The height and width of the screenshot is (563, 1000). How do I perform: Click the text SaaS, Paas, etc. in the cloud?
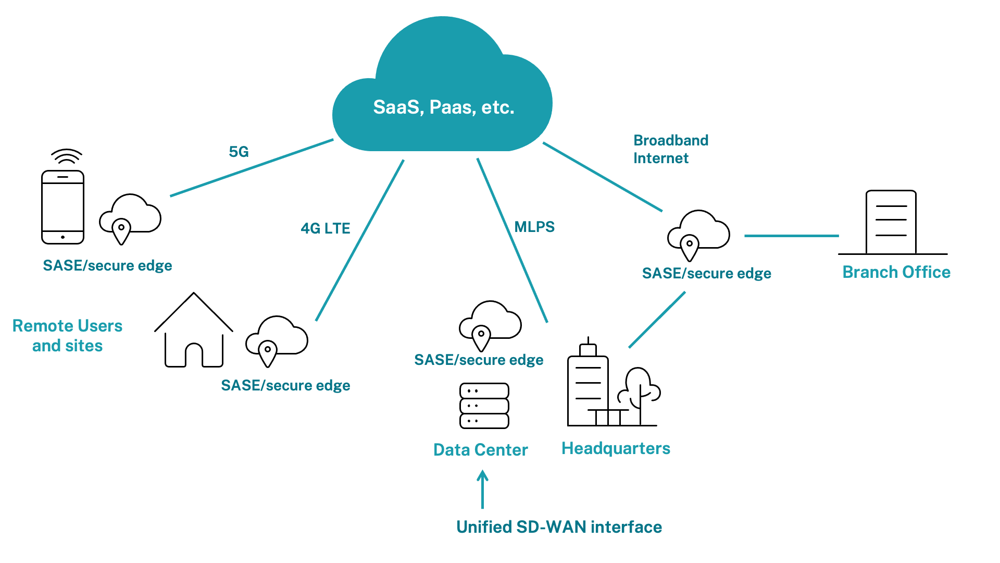pyautogui.click(x=444, y=107)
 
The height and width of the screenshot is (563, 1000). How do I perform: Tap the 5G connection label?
pyautogui.click(x=239, y=152)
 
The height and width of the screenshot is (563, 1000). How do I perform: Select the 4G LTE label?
pyautogui.click(x=326, y=228)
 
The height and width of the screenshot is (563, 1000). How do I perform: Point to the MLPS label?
pyautogui.click(x=534, y=227)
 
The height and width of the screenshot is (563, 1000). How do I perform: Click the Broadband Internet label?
pyautogui.click(x=671, y=149)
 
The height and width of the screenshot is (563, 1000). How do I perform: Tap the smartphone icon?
pyautogui.click(x=63, y=207)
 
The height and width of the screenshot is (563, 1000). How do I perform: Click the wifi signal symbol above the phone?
pyautogui.click(x=67, y=156)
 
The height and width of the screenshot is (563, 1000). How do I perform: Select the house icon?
pyautogui.click(x=194, y=329)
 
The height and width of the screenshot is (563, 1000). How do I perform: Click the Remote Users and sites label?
pyautogui.click(x=67, y=336)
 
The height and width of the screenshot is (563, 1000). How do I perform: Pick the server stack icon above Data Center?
pyautogui.click(x=484, y=406)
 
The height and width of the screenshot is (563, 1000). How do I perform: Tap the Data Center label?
pyautogui.click(x=480, y=450)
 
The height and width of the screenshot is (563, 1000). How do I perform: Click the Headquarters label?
pyautogui.click(x=616, y=448)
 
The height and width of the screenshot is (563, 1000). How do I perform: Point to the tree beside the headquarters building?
pyautogui.click(x=640, y=395)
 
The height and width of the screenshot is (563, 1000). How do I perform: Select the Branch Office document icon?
pyautogui.click(x=891, y=222)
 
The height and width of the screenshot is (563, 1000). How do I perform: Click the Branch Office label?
pyautogui.click(x=896, y=272)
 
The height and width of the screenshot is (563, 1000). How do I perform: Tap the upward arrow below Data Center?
pyautogui.click(x=483, y=489)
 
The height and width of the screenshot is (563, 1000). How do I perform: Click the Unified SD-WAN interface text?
pyautogui.click(x=559, y=527)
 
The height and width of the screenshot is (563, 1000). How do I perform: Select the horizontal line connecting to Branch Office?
pyautogui.click(x=792, y=236)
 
